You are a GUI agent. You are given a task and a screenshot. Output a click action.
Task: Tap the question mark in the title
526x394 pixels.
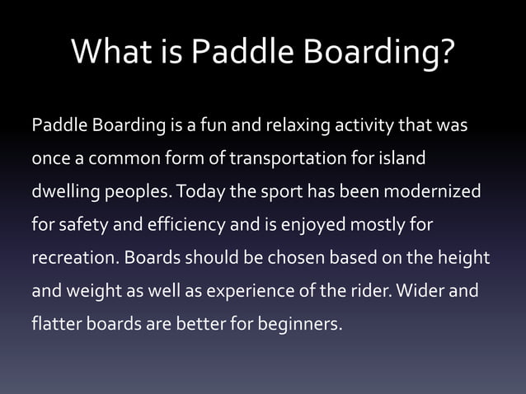pos(444,54)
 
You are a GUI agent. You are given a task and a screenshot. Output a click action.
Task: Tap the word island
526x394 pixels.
pos(406,158)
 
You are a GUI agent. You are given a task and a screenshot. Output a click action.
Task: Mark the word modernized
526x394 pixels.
pos(427,191)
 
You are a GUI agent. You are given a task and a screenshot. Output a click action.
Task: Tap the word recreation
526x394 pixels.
pos(73,257)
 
